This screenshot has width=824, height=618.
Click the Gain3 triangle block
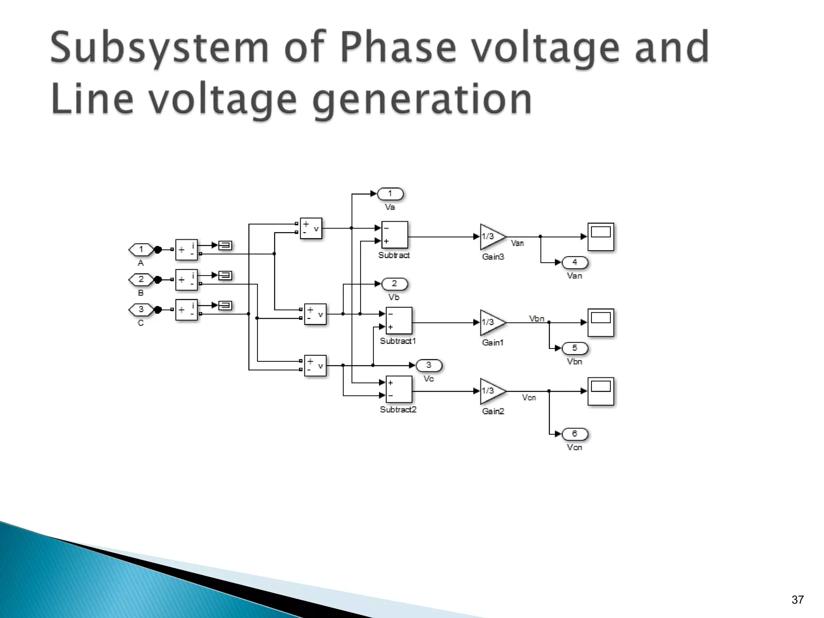point(492,237)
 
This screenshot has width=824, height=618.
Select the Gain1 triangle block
point(492,322)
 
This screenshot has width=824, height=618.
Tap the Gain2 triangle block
point(492,391)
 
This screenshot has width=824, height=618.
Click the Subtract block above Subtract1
point(394,235)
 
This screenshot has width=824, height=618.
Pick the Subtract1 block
point(399,321)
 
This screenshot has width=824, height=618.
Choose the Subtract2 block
point(399,389)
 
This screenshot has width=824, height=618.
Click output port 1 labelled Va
point(390,194)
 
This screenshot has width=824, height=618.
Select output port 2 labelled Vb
point(394,284)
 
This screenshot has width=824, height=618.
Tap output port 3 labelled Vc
point(428,365)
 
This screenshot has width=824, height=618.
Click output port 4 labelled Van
point(575,262)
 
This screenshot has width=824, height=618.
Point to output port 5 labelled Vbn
point(575,348)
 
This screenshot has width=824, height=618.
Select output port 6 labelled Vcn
point(575,434)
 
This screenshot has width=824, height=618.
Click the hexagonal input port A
point(141,250)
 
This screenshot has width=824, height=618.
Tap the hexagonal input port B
point(141,280)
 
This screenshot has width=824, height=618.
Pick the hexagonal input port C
point(141,309)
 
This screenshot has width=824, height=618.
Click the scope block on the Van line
point(601,237)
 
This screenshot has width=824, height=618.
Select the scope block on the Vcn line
point(601,391)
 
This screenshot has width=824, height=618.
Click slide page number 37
point(797,600)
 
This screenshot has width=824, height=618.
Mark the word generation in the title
point(422,99)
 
